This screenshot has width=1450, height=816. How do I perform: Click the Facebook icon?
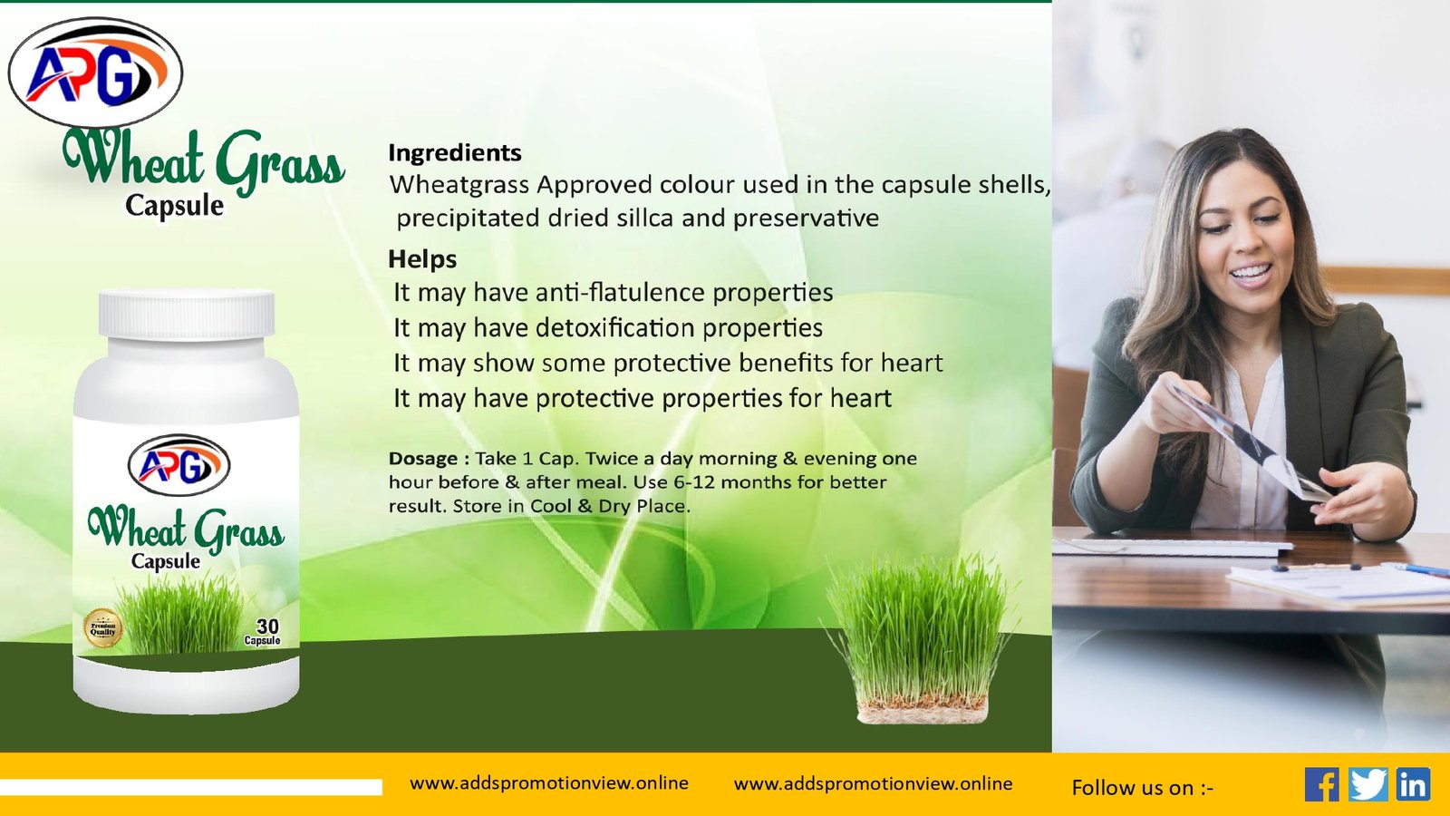point(1322,784)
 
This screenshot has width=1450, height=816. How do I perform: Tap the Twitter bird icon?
point(1368,784)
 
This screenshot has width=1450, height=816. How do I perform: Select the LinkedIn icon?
point(1413,784)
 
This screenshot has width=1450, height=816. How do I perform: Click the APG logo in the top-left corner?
point(95,73)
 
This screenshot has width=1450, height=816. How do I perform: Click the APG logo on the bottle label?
point(179,465)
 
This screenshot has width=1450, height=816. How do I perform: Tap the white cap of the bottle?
point(187,316)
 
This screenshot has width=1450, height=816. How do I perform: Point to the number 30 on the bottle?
point(267,627)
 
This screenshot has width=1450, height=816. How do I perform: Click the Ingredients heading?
point(454,153)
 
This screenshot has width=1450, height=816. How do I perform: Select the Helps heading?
point(422,259)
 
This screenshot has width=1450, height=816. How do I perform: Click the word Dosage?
point(423,459)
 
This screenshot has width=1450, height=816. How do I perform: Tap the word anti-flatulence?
point(622,293)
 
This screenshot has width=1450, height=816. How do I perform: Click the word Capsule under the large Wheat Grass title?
point(174,205)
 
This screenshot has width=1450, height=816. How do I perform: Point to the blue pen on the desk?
point(1416,569)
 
